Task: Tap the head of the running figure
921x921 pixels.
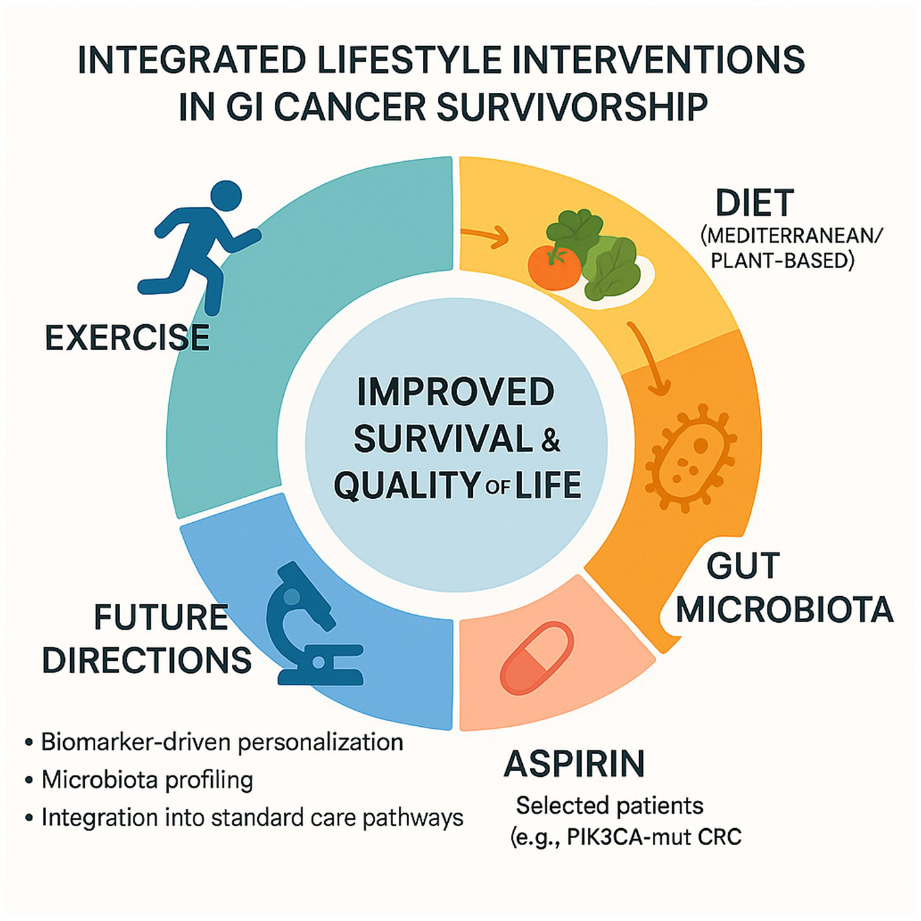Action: pyautogui.click(x=226, y=196)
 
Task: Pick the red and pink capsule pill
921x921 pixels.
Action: pyautogui.click(x=536, y=661)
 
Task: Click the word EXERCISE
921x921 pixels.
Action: pyautogui.click(x=127, y=338)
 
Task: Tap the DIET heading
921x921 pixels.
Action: pyautogui.click(x=755, y=203)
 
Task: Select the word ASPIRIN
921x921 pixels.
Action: pyautogui.click(x=575, y=764)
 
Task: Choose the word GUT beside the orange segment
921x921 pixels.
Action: pyautogui.click(x=743, y=566)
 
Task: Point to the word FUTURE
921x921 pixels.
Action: pyautogui.click(x=161, y=617)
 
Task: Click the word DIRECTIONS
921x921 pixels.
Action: pyautogui.click(x=147, y=660)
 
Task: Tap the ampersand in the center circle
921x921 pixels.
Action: pyautogui.click(x=551, y=440)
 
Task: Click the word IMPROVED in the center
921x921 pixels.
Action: pyautogui.click(x=455, y=392)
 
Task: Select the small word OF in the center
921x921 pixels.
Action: pyautogui.click(x=497, y=488)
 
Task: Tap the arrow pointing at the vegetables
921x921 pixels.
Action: pyautogui.click(x=484, y=236)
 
